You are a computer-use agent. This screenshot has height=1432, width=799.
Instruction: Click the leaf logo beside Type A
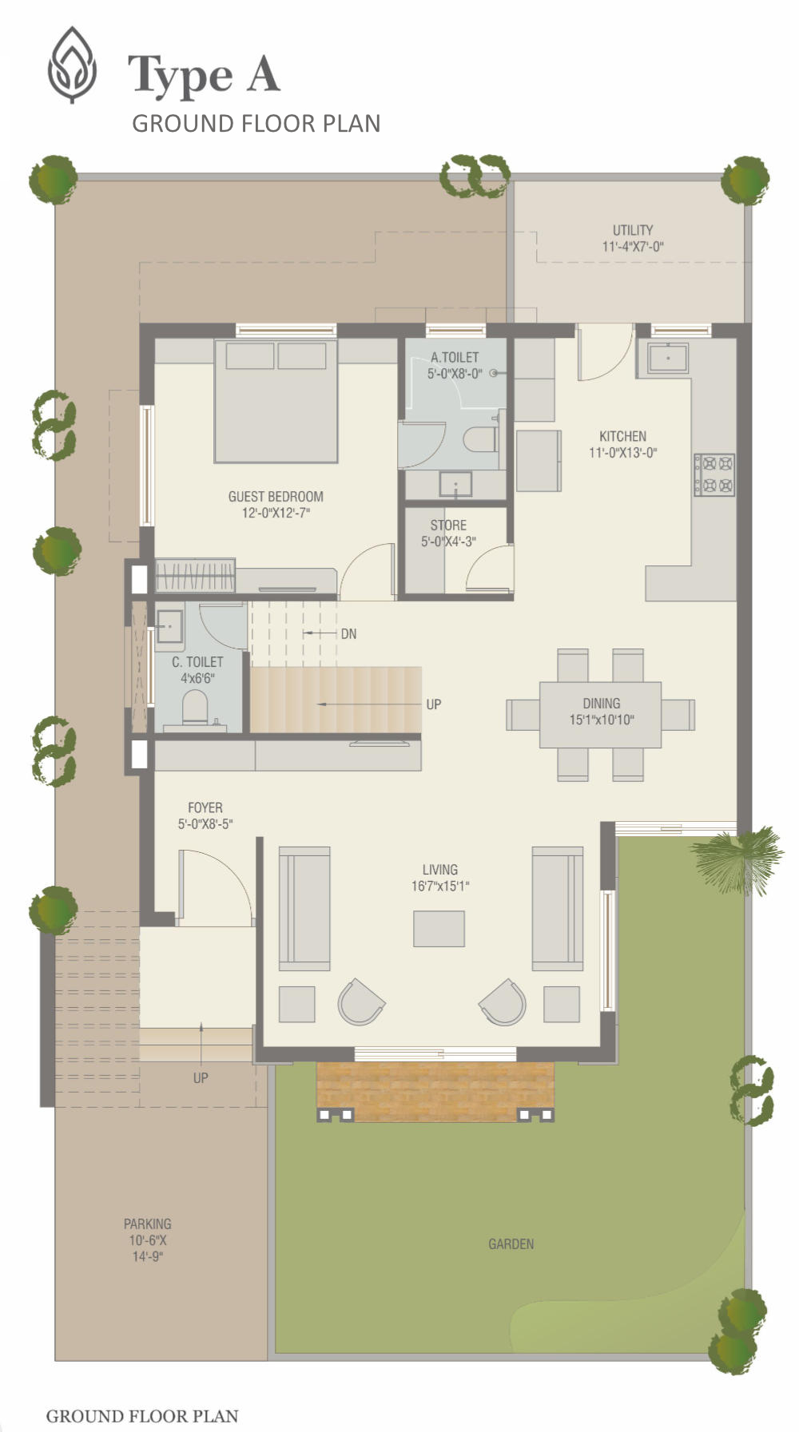(72, 65)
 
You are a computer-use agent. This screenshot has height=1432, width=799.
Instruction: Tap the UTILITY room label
(633, 230)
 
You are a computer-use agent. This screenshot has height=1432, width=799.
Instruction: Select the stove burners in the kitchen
(714, 474)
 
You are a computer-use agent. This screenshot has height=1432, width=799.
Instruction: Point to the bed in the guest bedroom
(276, 401)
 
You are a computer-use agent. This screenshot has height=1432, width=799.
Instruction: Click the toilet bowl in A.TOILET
(479, 440)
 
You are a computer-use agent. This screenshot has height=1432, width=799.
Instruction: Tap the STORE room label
(448, 526)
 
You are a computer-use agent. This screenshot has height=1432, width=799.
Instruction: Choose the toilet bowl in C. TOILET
(194, 708)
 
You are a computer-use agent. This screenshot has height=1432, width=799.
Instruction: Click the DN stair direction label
(348, 634)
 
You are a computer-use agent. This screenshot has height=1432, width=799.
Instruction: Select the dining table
(601, 715)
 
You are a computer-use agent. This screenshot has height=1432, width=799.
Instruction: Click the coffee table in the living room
(439, 929)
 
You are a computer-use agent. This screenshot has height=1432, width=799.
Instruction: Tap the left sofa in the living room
(304, 908)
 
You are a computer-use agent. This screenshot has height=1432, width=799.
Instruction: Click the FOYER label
(205, 808)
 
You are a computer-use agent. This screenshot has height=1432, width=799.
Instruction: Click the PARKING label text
(147, 1224)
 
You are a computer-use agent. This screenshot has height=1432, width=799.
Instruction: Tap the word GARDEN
(511, 1244)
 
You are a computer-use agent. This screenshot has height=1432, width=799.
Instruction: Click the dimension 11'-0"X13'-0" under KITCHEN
(623, 453)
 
